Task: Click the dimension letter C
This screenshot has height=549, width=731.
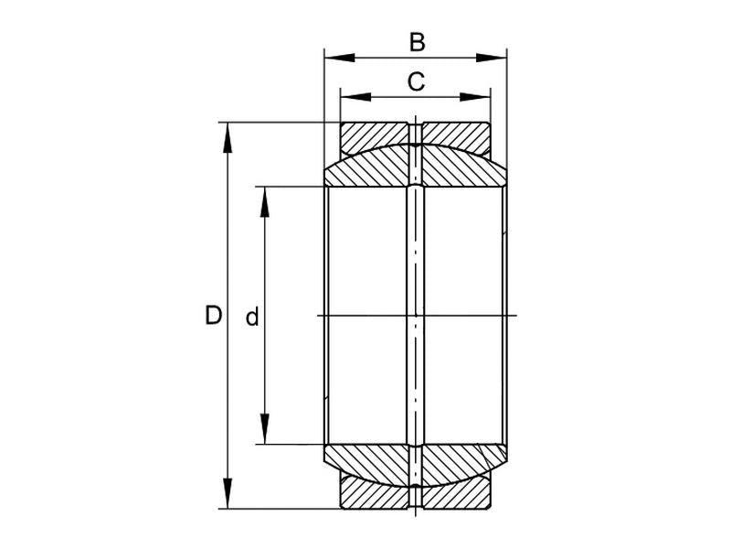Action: tap(416, 82)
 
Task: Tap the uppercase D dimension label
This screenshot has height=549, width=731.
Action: tap(213, 317)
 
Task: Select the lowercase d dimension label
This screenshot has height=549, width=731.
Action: tap(252, 318)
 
